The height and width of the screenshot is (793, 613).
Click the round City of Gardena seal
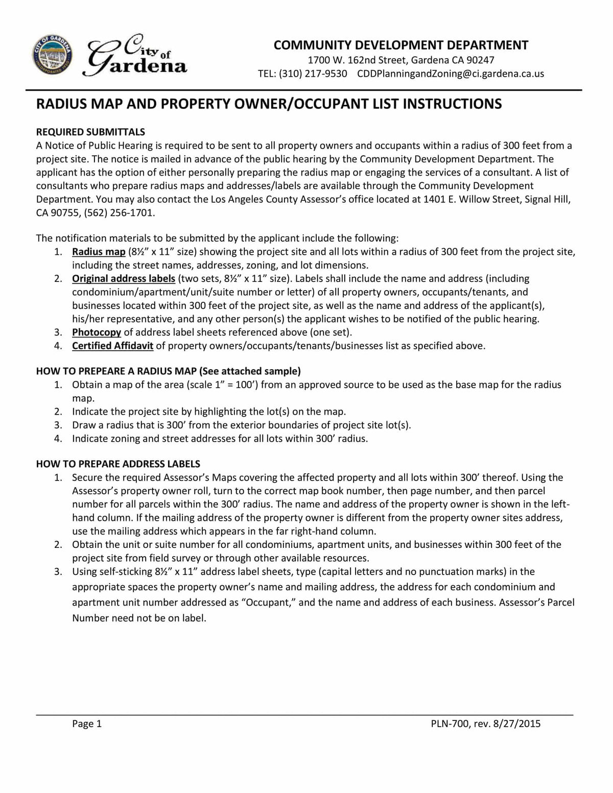pos(52,57)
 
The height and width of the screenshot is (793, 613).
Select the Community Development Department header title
pos(400,45)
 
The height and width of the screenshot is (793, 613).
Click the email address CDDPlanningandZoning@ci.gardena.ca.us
pos(450,74)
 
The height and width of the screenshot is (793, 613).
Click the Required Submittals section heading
pos(90,132)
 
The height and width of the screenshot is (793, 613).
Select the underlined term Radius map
pos(99,252)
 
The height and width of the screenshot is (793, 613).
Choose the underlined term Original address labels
pos(124,279)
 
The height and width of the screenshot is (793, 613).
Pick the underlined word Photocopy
pos(97,332)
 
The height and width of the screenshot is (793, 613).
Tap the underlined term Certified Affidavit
pos(112,346)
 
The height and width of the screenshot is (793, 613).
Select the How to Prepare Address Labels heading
pos(118,464)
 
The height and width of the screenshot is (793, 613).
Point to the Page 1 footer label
pos(87,724)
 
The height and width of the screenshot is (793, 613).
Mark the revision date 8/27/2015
pos(517,724)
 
